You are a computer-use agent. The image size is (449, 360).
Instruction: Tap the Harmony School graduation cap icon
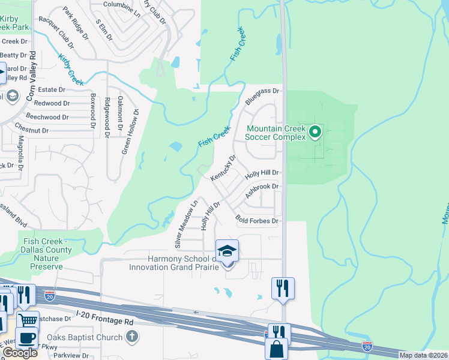(227, 251)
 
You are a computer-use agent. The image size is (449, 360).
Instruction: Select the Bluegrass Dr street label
(262, 91)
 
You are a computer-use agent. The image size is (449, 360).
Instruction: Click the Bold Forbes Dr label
(257, 221)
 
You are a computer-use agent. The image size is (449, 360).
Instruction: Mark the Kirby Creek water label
(71, 70)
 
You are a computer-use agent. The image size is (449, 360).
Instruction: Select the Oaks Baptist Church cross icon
(132, 337)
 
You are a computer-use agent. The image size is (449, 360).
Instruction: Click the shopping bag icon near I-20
(277, 349)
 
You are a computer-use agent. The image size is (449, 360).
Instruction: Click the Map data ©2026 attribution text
(423, 355)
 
